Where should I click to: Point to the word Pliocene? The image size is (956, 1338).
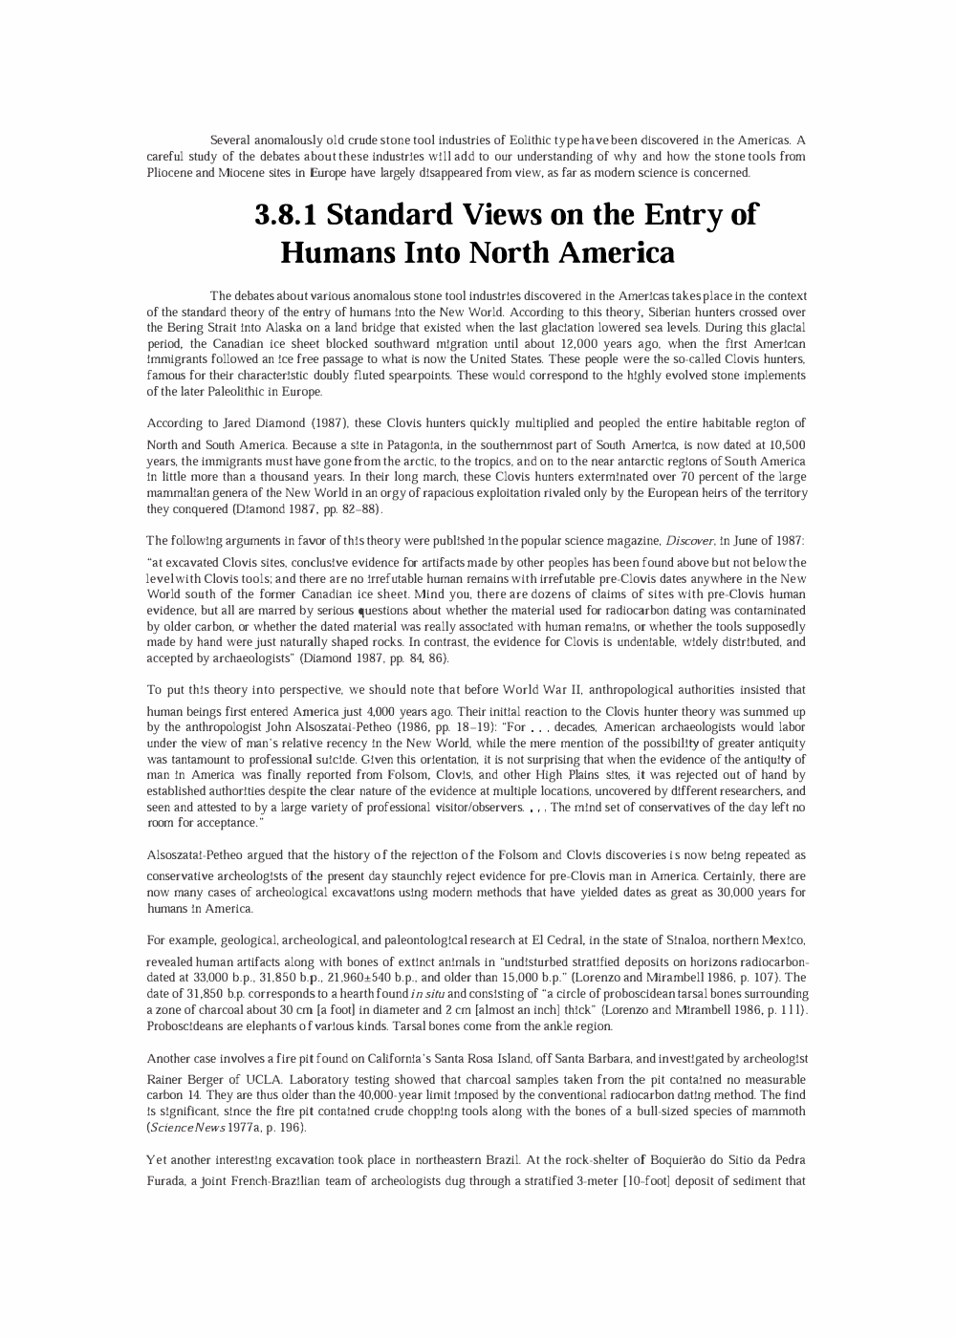[171, 173]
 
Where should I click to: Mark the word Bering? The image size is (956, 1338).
[184, 328]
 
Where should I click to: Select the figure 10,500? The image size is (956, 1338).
[788, 445]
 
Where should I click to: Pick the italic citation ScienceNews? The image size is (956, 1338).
[187, 1128]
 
